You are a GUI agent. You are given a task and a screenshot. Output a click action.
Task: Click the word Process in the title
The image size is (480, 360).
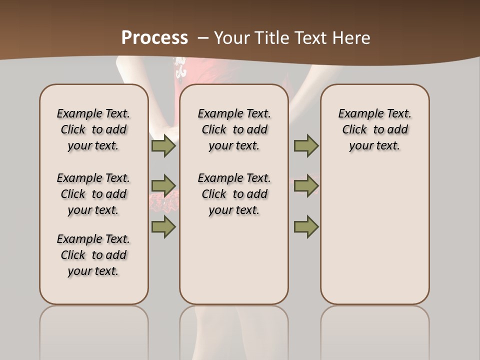[x=154, y=37]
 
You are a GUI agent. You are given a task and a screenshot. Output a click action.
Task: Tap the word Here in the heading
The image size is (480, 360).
[x=351, y=37]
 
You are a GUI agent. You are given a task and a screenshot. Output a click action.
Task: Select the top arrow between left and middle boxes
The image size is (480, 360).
[x=163, y=145]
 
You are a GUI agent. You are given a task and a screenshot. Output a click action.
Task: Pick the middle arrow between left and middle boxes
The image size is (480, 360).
[x=163, y=186]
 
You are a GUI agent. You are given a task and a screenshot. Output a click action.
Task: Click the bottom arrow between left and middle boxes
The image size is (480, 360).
[x=163, y=226]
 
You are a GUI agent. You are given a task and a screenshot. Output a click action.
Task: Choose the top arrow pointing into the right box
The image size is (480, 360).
[x=306, y=145]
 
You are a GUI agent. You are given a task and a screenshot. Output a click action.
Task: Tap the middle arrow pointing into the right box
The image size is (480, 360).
[x=306, y=186]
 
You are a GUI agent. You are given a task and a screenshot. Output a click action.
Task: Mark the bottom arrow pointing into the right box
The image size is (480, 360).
[x=306, y=226]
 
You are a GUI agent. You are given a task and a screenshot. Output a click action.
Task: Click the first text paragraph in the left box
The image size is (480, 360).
[x=93, y=129]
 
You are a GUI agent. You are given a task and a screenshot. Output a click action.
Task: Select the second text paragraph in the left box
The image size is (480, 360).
[x=93, y=194]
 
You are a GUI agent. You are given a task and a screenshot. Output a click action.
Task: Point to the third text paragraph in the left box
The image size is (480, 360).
[x=93, y=255]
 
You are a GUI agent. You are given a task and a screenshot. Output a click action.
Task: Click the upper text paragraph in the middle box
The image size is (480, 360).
[x=234, y=129]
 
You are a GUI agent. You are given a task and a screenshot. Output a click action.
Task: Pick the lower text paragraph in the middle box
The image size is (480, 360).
[x=234, y=194]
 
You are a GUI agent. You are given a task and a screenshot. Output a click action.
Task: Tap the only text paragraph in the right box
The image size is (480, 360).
[x=374, y=129]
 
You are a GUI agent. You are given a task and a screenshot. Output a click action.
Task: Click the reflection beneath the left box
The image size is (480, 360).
[x=93, y=330]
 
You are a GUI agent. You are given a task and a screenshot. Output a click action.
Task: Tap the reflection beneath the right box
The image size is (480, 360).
[x=374, y=330]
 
